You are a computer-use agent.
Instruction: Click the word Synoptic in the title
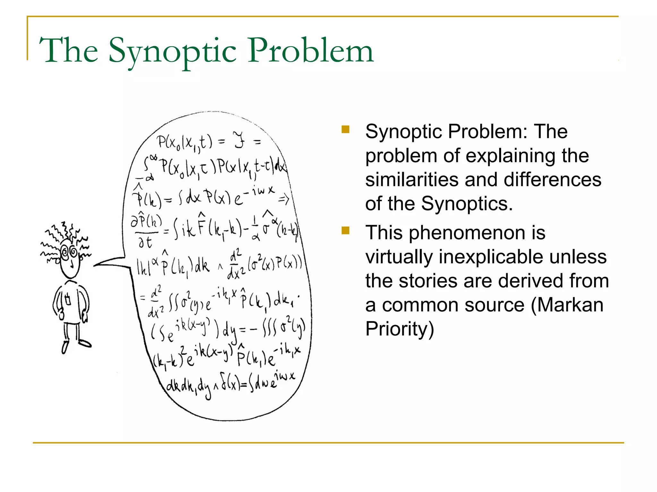coord(173,51)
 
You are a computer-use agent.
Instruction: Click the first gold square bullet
coord(346,129)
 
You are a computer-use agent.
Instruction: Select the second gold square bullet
coord(346,231)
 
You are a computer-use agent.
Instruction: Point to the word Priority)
coord(399,329)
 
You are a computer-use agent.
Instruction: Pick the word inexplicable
coord(523,257)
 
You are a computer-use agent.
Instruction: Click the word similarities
coord(412,180)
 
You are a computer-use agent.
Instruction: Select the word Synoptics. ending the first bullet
coord(467,204)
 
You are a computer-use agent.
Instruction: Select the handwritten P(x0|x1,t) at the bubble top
coord(184,142)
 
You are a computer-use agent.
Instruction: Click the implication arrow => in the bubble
coord(284,200)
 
